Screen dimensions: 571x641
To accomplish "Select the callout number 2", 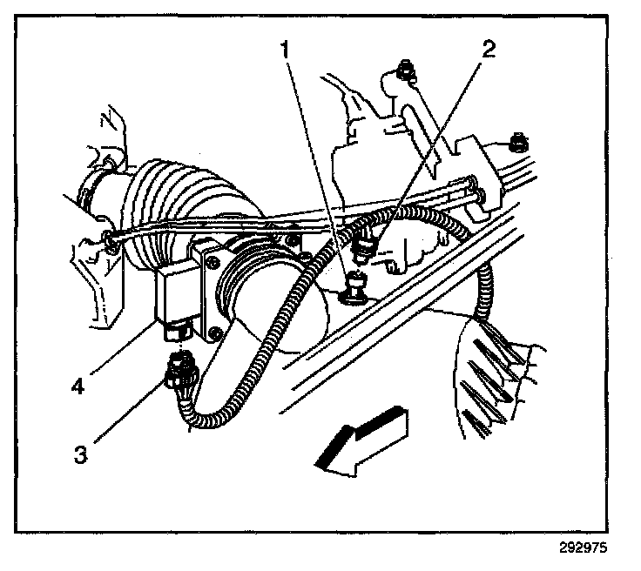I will pos(488,48).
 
